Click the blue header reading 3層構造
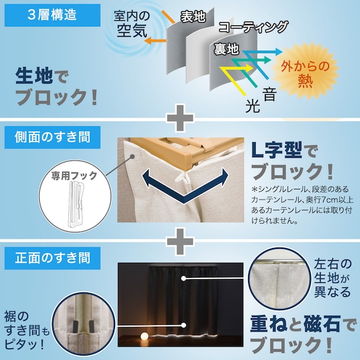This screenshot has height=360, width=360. (x=52, y=15)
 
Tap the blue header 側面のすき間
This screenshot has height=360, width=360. (x=52, y=137)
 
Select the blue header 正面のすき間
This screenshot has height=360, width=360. (x=52, y=258)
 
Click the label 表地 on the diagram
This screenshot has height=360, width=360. (x=193, y=16)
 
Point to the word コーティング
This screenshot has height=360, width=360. (x=253, y=27)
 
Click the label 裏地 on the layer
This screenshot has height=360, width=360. (x=226, y=49)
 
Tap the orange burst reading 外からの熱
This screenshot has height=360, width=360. (x=305, y=73)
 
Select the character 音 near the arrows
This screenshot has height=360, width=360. (x=269, y=94)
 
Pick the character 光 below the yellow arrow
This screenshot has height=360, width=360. (x=253, y=105)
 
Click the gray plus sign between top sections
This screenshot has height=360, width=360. (x=180, y=118)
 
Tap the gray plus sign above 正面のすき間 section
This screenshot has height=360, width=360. (x=180, y=241)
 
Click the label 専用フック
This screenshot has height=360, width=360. (x=74, y=176)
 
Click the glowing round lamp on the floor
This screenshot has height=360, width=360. (x=145, y=337)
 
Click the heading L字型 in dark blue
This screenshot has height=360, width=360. (x=277, y=150)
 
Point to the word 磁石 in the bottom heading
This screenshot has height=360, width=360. (x=322, y=324)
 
